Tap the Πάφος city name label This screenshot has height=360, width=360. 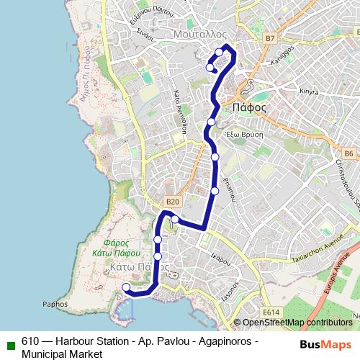(x=251, y=108)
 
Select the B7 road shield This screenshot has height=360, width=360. (x=270, y=37)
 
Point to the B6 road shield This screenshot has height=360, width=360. (x=348, y=153)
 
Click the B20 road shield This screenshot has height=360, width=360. (x=171, y=202)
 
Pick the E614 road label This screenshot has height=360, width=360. (x=271, y=311)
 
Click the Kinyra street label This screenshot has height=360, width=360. (x=309, y=91)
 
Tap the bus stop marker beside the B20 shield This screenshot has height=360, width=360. (x=175, y=219)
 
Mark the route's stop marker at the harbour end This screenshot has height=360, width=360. (x=127, y=287)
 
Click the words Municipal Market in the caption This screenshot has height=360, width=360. (x=63, y=354)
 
